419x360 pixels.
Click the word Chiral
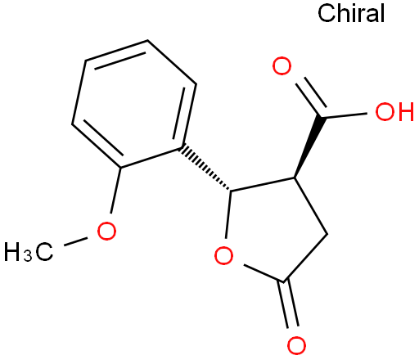pyautogui.click(x=351, y=13)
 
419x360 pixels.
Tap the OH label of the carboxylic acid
pyautogui.click(x=394, y=111)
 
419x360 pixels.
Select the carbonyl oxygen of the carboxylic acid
pyautogui.click(x=282, y=66)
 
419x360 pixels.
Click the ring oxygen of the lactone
pyautogui.click(x=223, y=255)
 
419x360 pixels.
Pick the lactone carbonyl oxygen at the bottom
pyautogui.click(x=296, y=345)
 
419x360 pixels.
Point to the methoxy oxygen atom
pyautogui.click(x=106, y=231)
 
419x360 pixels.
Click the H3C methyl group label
pyautogui.click(x=28, y=252)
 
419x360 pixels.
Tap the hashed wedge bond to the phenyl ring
pyautogui.click(x=205, y=168)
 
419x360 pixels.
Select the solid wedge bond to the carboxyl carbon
pyautogui.click(x=309, y=147)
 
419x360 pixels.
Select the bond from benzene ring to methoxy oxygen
pyautogui.click(x=115, y=191)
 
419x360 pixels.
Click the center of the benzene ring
pyautogui.click(x=133, y=104)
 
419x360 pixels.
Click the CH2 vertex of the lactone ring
pyautogui.click(x=327, y=234)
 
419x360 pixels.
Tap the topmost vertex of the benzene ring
pyautogui.click(x=147, y=40)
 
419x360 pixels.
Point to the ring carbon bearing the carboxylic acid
pyautogui.click(x=295, y=178)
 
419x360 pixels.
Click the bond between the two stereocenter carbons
pyautogui.click(x=263, y=184)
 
